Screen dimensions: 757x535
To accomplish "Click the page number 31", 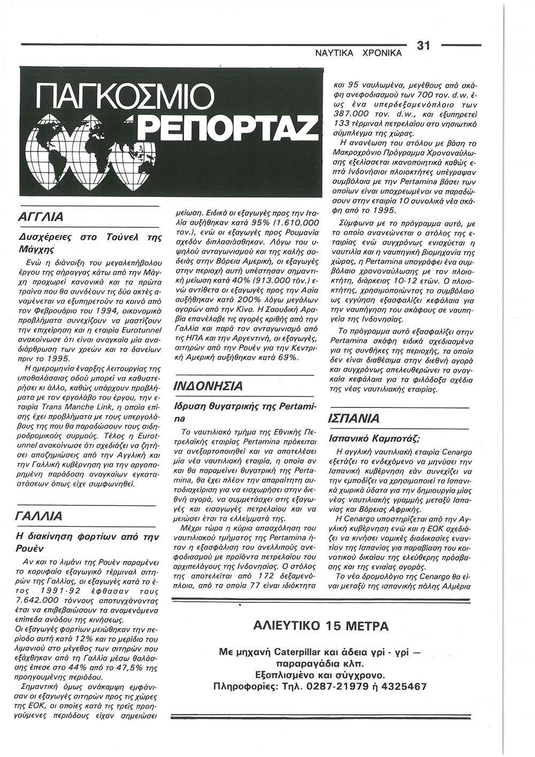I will (423, 46).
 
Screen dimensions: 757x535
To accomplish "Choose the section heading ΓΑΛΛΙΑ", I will (40, 516).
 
